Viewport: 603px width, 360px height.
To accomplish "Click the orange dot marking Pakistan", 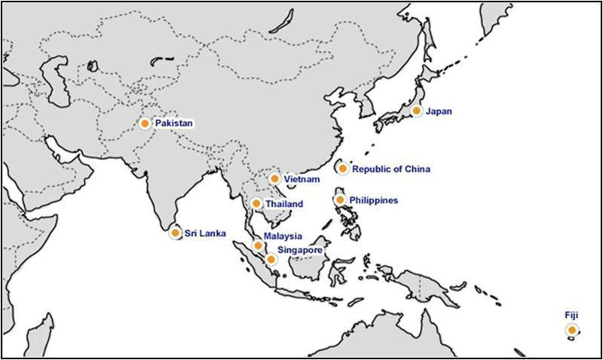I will point(145,122).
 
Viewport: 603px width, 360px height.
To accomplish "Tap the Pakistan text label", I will point(174,122).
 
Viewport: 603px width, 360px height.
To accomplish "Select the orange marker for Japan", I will point(415,111).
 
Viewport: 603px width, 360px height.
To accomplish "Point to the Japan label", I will point(439,111).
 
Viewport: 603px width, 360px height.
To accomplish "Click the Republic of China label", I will point(391,169).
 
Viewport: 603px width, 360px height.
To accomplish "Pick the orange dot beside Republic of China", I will point(343,169).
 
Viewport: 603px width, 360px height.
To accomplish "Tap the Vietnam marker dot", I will point(274,179).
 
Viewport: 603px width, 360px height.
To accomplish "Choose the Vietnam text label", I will point(303,180).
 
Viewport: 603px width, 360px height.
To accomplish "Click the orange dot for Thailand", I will point(256,203).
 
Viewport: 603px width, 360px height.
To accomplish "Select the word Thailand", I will point(284,204).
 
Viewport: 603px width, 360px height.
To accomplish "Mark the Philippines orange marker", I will point(340,200).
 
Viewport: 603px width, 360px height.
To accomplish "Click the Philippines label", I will point(375,200).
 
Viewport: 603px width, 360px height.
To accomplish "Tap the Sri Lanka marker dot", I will point(175,233).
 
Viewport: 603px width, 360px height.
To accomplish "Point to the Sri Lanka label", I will point(205,234).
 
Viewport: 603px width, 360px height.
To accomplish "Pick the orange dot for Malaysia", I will point(259,246).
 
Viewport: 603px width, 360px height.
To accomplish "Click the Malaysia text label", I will point(283,236).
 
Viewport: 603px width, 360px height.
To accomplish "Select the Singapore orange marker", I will point(271,259).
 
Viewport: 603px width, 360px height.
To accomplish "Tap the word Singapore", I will point(301,249).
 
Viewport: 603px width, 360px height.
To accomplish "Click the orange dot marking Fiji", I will point(572,331).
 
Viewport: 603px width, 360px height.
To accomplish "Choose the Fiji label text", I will point(571,315).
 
